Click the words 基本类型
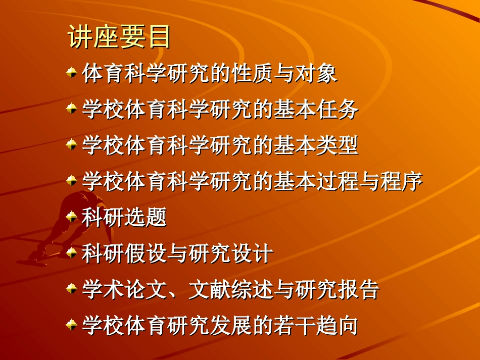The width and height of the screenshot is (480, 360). coord(316,146)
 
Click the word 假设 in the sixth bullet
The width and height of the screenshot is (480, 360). coord(146,253)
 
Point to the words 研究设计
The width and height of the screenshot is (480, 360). coord(231,253)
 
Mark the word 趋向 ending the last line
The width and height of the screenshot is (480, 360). coord(337,325)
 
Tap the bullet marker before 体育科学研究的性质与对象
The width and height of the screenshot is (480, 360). coord(72,74)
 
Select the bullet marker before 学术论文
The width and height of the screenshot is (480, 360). coord(72,289)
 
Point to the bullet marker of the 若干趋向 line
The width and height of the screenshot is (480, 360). coord(72,325)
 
